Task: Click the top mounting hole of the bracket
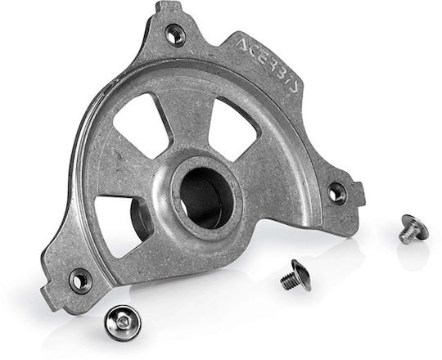pos(175,34)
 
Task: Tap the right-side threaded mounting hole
pos(337,192)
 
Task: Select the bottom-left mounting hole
pos(80,281)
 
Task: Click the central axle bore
pos(205,195)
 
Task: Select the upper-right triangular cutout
pos(232,128)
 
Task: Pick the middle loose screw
pos(296,275)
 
